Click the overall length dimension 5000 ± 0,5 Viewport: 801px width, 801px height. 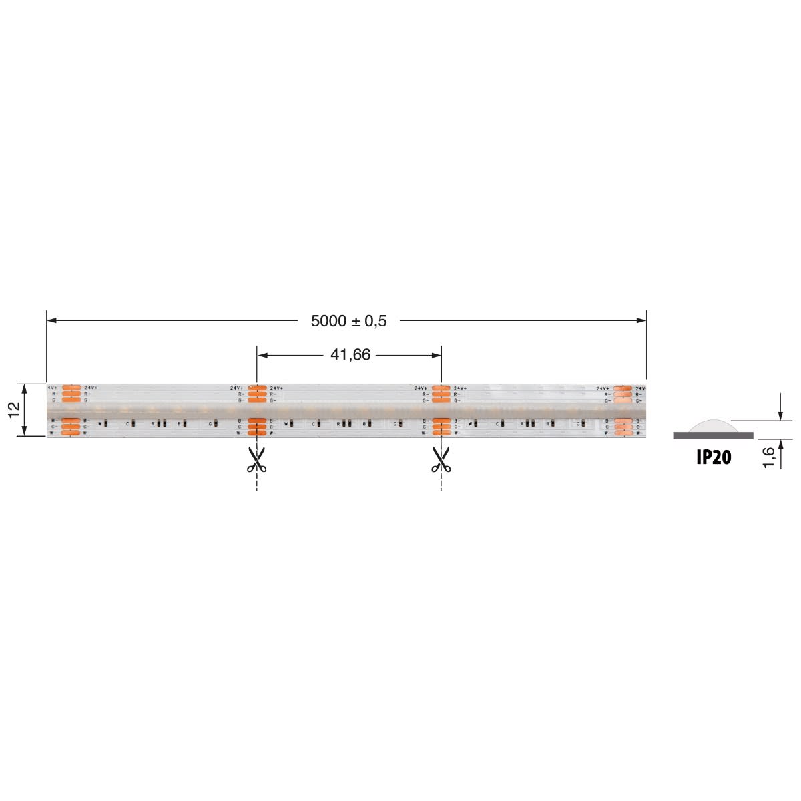(348, 321)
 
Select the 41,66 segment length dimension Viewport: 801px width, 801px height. (350, 355)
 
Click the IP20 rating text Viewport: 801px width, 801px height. (713, 457)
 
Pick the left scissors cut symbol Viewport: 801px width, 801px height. (256, 460)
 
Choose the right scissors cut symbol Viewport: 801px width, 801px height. (441, 460)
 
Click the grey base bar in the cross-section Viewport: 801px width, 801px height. (713, 435)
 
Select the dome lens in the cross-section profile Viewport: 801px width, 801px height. (713, 426)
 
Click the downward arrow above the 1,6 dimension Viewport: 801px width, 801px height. (780, 415)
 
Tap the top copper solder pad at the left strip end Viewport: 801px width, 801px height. (71, 388)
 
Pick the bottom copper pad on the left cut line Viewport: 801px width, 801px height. (257, 433)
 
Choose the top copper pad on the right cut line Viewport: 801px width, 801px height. (441, 388)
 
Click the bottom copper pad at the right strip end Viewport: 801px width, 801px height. (623, 433)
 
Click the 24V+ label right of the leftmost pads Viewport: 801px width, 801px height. (91, 388)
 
